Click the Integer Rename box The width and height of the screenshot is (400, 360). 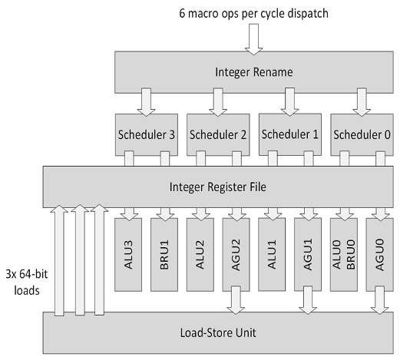tap(254, 72)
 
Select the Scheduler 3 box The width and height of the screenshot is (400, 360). tap(147, 135)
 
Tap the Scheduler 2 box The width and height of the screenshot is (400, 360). tap(218, 135)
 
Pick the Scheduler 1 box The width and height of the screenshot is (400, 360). tap(290, 134)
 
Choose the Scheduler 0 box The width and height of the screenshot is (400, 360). tap(362, 135)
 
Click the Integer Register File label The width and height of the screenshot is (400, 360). tap(218, 187)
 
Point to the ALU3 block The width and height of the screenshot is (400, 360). tap(128, 255)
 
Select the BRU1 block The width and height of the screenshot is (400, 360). tap(164, 255)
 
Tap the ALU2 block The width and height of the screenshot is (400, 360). tap(200, 255)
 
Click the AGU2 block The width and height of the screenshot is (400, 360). tap(236, 255)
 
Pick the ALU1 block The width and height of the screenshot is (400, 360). tap(272, 254)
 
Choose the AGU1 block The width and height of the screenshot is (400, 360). tap(308, 255)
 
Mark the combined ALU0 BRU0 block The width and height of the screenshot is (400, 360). tap(344, 255)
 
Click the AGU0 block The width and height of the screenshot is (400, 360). tap(380, 255)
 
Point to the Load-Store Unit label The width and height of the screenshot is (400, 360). tap(218, 332)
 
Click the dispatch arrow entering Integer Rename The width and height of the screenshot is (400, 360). tap(253, 39)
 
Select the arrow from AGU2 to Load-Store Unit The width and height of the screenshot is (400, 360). tap(236, 300)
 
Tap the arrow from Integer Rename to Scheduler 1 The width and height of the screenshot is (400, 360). tap(289, 102)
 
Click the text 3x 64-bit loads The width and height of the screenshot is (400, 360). tap(27, 282)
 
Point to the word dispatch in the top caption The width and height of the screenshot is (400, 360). tap(308, 13)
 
